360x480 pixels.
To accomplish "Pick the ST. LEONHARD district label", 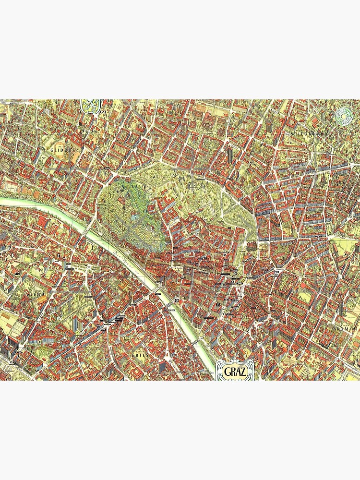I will (309, 133).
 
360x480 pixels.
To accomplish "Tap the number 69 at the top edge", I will (102, 111).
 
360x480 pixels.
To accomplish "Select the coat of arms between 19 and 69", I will (90, 106).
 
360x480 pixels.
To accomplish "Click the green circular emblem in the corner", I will (344, 115).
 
